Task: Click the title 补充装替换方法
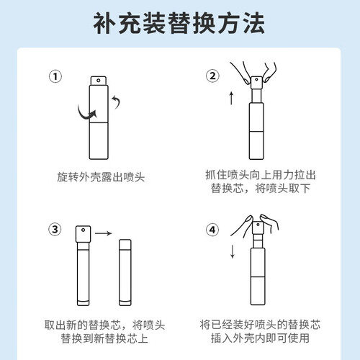click(x=179, y=23)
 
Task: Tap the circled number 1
click(x=55, y=76)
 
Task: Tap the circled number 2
click(x=212, y=76)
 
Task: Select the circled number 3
click(x=55, y=230)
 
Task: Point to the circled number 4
click(x=212, y=230)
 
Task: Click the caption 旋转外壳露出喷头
click(x=101, y=177)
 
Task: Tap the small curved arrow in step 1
click(x=117, y=102)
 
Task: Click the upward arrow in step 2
click(x=231, y=98)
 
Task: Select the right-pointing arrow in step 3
click(x=104, y=233)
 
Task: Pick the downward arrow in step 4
click(x=233, y=251)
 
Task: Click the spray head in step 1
click(x=99, y=81)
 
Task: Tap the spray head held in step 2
click(x=256, y=83)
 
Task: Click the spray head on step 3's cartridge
click(x=83, y=234)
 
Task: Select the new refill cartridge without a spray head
click(x=125, y=272)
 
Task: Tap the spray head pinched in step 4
click(x=258, y=228)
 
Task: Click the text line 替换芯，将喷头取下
click(x=261, y=188)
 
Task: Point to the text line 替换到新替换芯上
click(x=104, y=338)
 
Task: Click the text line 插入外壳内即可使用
click(x=260, y=338)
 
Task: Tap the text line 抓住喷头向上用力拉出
click(x=261, y=175)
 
